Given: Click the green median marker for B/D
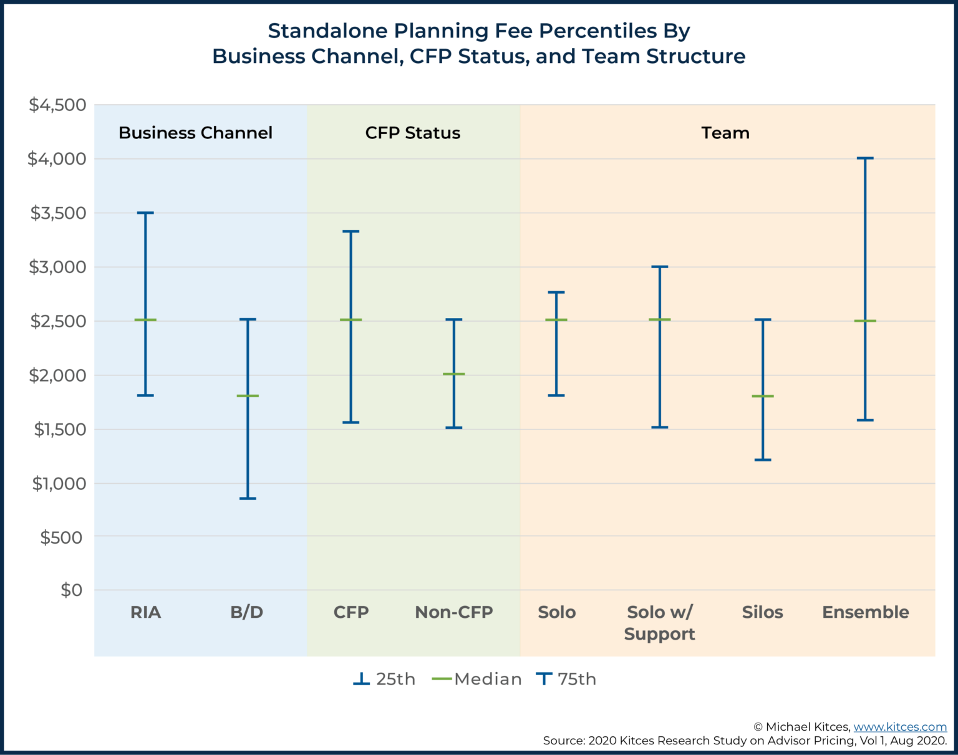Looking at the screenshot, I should (248, 396).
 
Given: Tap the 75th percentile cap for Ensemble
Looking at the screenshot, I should (865, 158).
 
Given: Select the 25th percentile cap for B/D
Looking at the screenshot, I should (248, 498).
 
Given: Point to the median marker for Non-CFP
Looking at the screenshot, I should (453, 374).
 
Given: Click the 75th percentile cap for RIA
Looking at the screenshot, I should (145, 213).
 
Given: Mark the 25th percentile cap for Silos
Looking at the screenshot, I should (763, 459).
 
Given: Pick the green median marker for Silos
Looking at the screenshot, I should (763, 396).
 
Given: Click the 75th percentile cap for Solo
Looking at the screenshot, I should (556, 292).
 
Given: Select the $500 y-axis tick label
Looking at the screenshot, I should (61, 537).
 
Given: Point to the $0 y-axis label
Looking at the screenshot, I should (71, 590).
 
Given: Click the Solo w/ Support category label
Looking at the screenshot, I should (659, 623).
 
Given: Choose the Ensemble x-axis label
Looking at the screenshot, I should (865, 612).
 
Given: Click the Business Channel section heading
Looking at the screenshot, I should (195, 133).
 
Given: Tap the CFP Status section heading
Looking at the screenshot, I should (412, 133).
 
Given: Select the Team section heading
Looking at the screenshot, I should (725, 133).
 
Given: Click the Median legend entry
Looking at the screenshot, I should (477, 679).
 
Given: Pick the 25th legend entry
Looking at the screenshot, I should (384, 679).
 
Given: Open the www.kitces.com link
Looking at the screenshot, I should (899, 727).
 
